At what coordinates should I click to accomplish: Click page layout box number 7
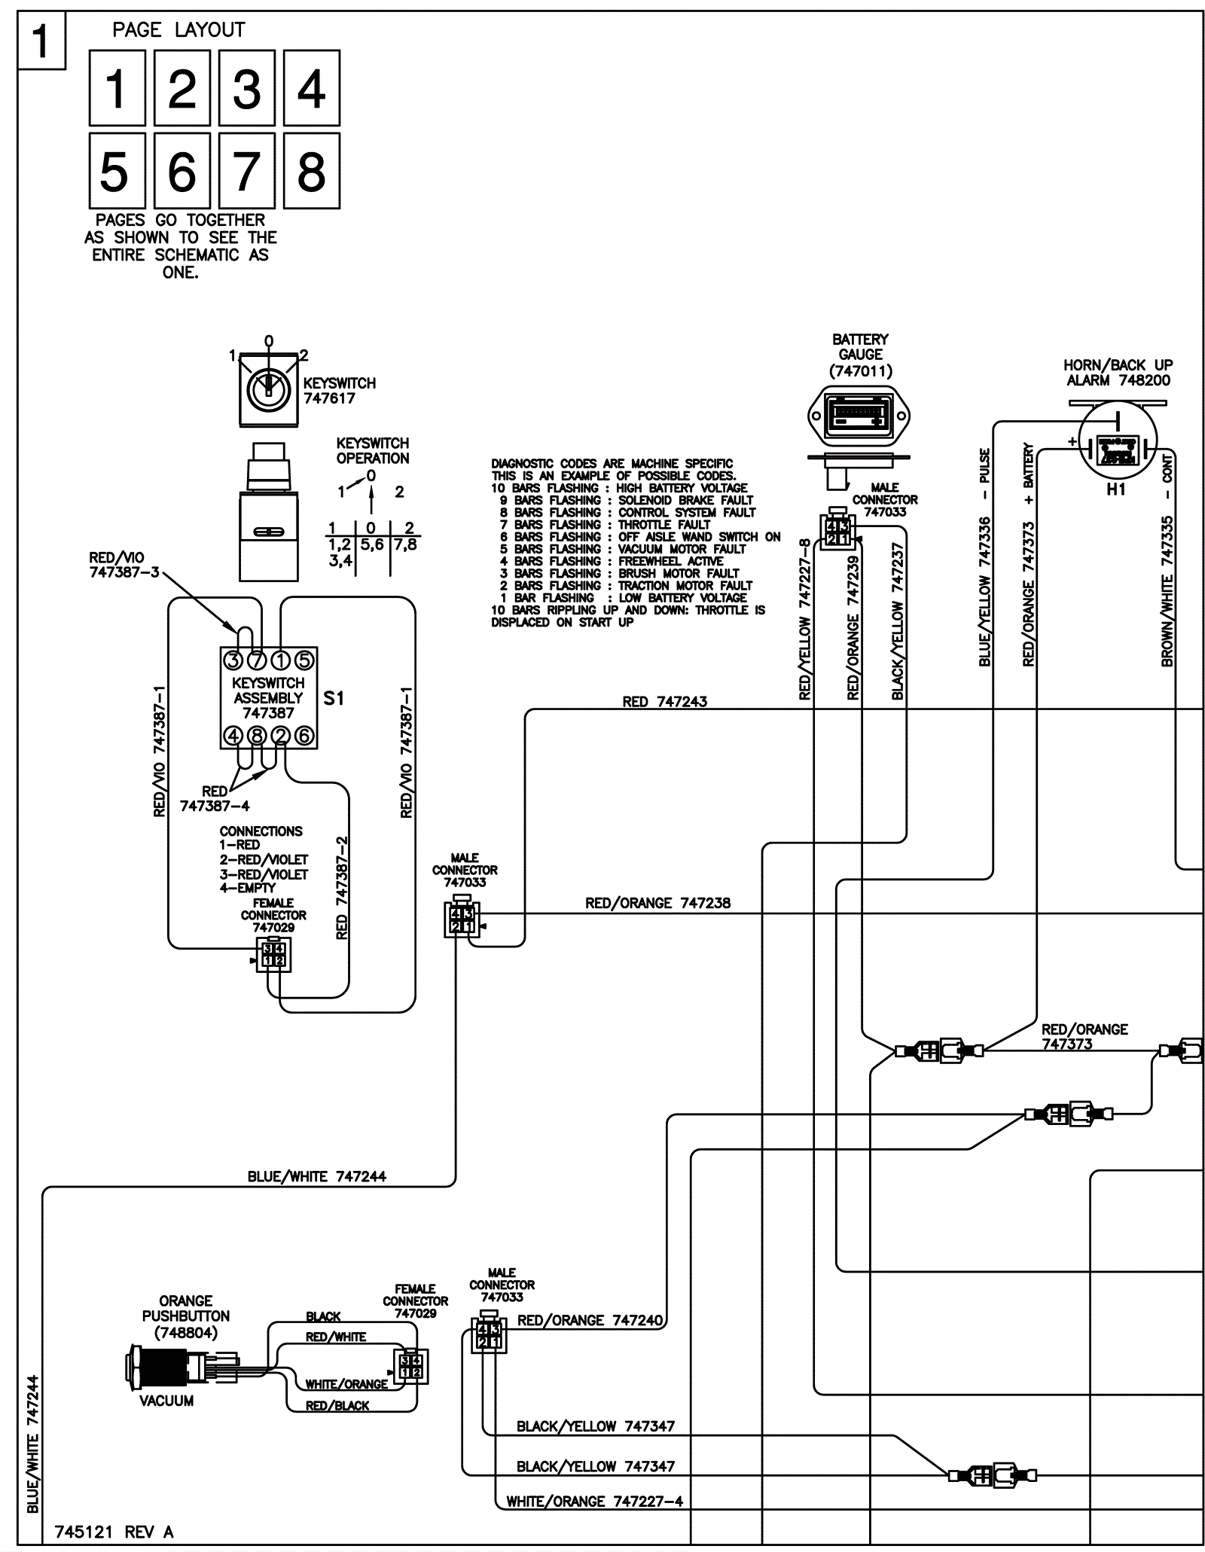point(246,171)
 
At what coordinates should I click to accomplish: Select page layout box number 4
point(311,88)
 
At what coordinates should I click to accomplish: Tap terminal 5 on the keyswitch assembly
point(304,660)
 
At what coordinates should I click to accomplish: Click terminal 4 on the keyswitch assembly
point(233,736)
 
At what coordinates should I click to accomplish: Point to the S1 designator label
point(334,698)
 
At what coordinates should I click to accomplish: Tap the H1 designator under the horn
point(1116,489)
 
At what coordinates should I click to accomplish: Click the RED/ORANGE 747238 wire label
point(657,903)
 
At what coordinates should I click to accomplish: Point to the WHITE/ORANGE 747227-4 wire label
point(594,1502)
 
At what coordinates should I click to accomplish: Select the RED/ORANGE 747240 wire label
point(590,1320)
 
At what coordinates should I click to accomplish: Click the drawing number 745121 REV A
point(114,1532)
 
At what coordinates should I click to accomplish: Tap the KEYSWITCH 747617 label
point(339,391)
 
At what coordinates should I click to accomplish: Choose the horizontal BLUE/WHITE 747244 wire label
point(316,1176)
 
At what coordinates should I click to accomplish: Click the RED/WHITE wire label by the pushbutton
point(335,1337)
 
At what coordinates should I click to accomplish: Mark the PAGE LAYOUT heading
point(178,30)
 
